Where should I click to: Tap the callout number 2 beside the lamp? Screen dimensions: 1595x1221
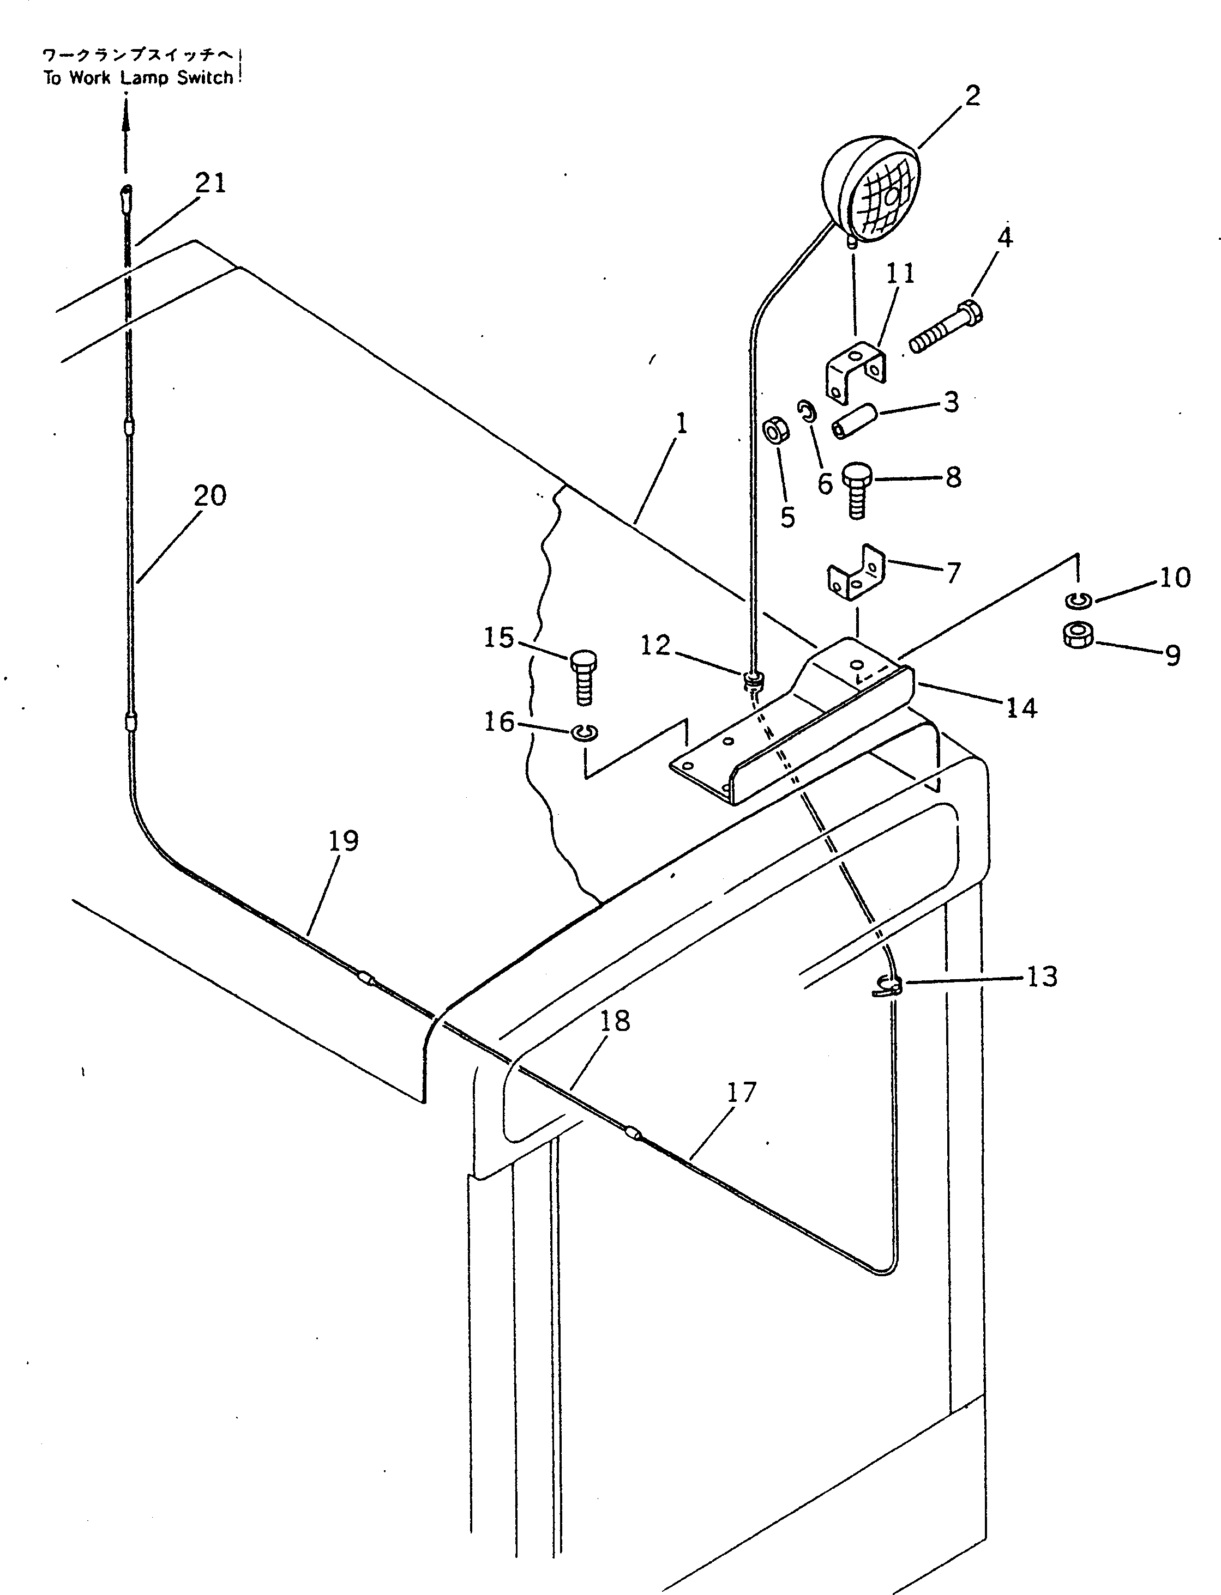click(x=972, y=96)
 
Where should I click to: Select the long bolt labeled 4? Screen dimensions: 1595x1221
click(x=945, y=329)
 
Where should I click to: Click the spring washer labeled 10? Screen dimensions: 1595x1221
click(x=1079, y=601)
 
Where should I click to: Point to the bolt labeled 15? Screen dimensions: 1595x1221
click(x=584, y=676)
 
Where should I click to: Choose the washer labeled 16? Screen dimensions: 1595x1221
click(x=586, y=733)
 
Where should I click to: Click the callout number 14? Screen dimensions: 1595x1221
click(x=1021, y=707)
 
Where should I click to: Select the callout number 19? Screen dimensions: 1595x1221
click(x=344, y=841)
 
